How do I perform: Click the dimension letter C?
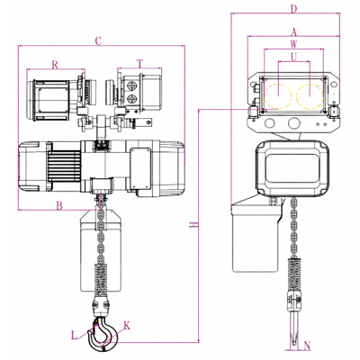[x=98, y=41]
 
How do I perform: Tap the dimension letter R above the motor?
[x=55, y=65]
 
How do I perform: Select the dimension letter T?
[x=139, y=64]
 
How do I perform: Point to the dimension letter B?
[x=59, y=205]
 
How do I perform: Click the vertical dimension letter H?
[x=194, y=225]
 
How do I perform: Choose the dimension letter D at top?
[x=293, y=9]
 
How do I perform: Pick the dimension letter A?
[x=293, y=31]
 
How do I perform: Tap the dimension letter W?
[x=293, y=44]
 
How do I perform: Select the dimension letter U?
[x=294, y=57]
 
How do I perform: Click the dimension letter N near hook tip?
[x=307, y=346]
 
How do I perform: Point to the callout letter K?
[x=127, y=326]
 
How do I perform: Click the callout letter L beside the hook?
[x=74, y=335]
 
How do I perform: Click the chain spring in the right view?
[x=294, y=273]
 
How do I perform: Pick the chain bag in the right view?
[x=256, y=233]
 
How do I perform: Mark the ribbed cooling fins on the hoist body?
[x=64, y=166]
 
